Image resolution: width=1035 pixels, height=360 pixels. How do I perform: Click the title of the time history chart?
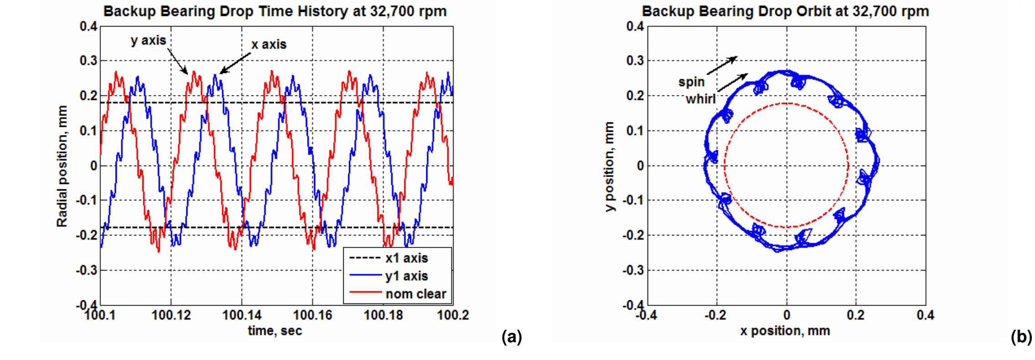coord(275,11)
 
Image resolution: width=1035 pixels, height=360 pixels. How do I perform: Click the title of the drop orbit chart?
coord(785,11)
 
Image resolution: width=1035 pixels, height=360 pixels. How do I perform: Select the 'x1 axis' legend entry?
coord(406,258)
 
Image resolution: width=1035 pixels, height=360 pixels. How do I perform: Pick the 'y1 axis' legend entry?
coord(407,276)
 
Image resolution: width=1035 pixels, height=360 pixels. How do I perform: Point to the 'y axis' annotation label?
coord(148,41)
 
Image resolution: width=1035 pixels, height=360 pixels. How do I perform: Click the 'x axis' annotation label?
coord(269,44)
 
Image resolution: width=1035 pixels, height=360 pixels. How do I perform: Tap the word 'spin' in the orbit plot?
coord(692,82)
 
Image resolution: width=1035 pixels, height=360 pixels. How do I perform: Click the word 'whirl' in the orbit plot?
coord(701,99)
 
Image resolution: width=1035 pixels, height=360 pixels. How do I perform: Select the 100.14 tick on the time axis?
coord(242,315)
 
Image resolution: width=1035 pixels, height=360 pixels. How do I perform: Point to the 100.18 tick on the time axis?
coord(383,315)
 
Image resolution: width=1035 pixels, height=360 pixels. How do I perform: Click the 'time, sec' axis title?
coord(275,331)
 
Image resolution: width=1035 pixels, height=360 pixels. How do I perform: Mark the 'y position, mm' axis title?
coord(610,166)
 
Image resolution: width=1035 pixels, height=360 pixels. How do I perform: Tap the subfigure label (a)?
coord(511,338)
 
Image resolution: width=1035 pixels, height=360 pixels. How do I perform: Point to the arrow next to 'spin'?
coord(722,65)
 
